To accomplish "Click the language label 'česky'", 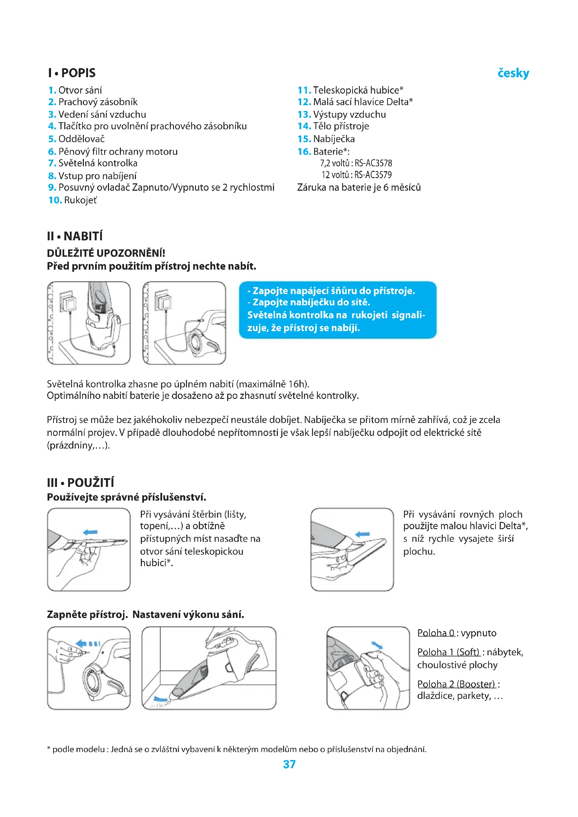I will click(x=513, y=73).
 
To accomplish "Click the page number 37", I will click(x=289, y=764).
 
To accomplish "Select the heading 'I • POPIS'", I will click(x=72, y=73).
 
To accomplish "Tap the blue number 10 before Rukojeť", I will click(x=55, y=200).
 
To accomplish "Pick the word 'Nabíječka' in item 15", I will click(x=334, y=139).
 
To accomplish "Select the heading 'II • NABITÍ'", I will click(x=75, y=236).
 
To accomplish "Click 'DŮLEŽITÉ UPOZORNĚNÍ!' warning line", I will click(x=106, y=253).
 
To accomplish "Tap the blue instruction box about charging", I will click(x=338, y=309).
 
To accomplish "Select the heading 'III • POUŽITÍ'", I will click(x=80, y=483).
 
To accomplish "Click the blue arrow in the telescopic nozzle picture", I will click(x=90, y=532).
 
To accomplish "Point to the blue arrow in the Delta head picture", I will click(x=363, y=534).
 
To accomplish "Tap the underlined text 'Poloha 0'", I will click(x=436, y=633).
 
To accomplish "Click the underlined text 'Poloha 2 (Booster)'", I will click(x=456, y=684).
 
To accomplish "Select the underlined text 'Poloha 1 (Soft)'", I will click(x=448, y=652).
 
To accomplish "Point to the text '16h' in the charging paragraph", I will click(x=297, y=384).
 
